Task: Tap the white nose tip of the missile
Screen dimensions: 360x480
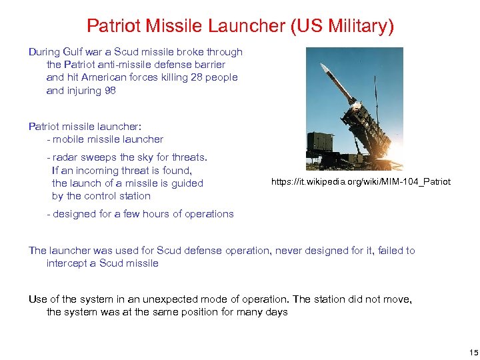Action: [323, 65]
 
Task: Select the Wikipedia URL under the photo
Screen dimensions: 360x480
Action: [361, 181]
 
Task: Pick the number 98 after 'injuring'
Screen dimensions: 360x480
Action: [109, 90]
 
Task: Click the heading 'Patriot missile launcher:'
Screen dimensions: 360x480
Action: [85, 126]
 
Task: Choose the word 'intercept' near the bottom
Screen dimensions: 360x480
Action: [67, 263]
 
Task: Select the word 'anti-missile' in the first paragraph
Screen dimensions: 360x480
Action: [125, 65]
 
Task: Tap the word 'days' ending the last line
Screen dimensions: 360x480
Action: [276, 312]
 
